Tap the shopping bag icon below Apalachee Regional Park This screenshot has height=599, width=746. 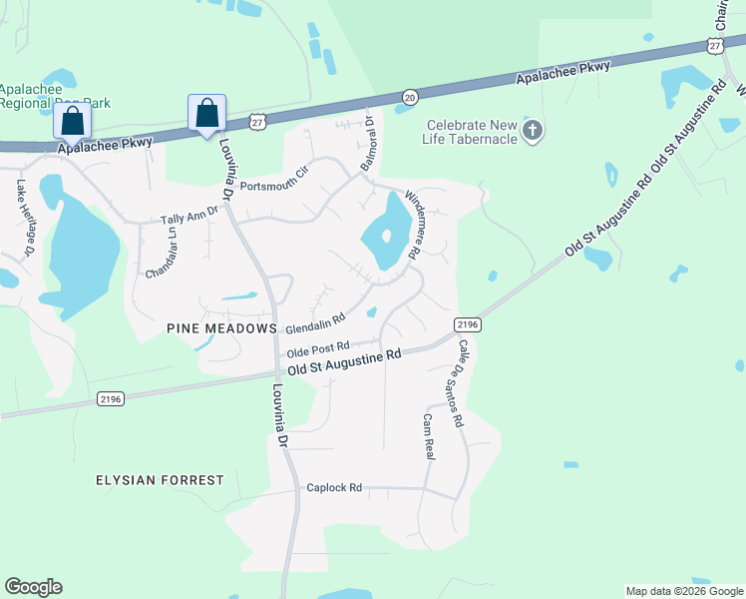pos(73,121)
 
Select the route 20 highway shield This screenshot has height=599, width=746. pos(410,96)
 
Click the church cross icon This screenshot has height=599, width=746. pos(533,131)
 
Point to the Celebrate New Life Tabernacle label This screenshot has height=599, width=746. pos(472,132)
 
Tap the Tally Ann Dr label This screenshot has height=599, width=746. pos(189,219)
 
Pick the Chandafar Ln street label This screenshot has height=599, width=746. pos(154,258)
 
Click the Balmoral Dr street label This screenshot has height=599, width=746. pos(366,142)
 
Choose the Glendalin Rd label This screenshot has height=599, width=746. pos(314,323)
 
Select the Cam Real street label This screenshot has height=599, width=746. pos(429,436)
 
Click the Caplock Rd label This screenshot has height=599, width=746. pos(334,488)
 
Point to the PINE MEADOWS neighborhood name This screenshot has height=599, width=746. pos(221,328)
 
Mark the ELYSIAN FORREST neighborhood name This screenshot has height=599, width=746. pos(160,480)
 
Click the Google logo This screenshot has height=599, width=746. pos(33,587)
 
